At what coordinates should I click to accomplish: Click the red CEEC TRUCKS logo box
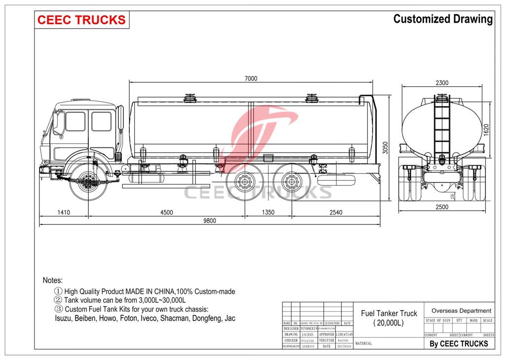click(82, 20)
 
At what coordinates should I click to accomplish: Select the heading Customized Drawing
click(442, 19)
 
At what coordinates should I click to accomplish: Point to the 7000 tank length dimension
click(251, 78)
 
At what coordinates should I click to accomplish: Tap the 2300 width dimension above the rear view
click(442, 83)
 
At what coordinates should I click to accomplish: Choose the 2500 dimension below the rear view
click(442, 207)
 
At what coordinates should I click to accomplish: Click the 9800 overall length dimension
click(210, 220)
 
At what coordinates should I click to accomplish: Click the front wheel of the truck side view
click(89, 183)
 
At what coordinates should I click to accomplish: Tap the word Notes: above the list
click(53, 280)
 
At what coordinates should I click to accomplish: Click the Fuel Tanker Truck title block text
click(389, 313)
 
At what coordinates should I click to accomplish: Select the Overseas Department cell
click(461, 311)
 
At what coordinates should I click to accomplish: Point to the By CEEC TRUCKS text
click(459, 344)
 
